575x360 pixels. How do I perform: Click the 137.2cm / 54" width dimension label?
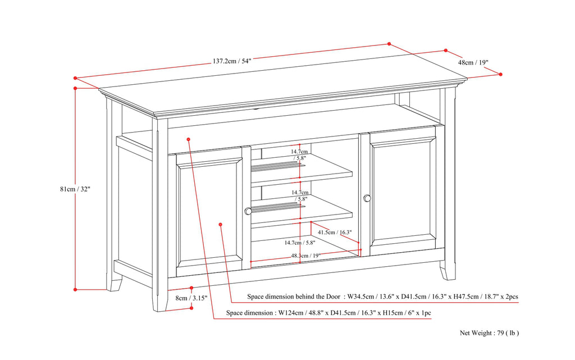231,61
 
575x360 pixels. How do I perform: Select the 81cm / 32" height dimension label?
75,189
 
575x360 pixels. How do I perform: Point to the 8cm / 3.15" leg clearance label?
191,298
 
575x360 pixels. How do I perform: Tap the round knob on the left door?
248,211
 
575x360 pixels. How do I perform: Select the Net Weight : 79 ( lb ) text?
489,333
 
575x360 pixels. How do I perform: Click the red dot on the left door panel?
220,225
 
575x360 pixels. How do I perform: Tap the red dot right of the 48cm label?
500,74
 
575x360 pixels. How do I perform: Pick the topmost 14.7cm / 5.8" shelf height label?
299,155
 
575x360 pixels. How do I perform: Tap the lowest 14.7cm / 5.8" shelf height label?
299,243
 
